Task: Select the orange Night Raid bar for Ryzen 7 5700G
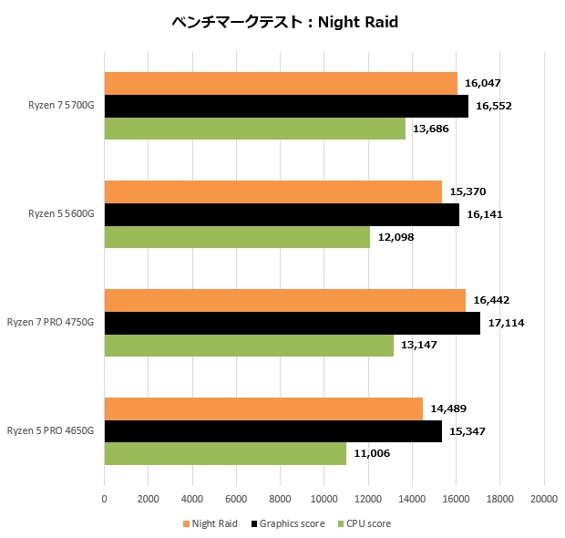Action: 281,83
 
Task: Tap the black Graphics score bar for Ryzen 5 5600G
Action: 282,214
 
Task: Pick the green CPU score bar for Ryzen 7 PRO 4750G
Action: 249,345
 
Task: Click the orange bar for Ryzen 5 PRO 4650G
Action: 263,409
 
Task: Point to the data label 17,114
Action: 506,323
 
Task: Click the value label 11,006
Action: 372,453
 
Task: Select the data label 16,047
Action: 483,83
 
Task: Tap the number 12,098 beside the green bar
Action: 395,237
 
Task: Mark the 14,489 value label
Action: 448,409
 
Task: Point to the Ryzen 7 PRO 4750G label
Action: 51,323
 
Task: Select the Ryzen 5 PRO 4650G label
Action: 51,430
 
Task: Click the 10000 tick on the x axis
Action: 324,499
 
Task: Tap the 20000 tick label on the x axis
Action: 544,499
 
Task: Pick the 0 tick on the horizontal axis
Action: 105,499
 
